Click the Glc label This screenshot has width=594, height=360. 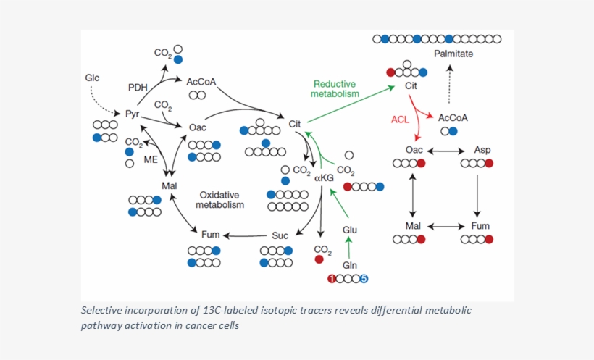92,78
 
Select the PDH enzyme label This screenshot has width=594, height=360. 138,88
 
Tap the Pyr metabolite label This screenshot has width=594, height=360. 132,114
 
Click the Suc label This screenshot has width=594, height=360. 280,235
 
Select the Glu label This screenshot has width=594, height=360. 350,230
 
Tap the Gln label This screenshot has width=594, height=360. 350,265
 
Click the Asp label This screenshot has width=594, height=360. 482,150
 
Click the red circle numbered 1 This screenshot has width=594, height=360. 332,279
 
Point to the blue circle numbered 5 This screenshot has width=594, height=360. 364,279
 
